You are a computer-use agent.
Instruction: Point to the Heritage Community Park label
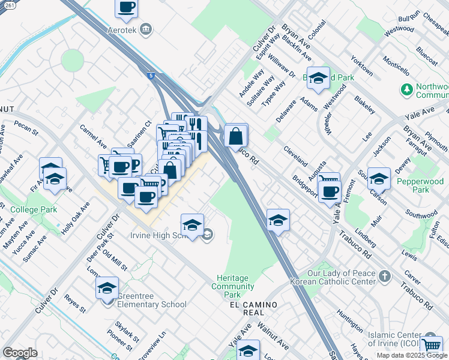pos(232,286)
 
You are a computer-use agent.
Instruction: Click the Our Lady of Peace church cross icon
pos(384,276)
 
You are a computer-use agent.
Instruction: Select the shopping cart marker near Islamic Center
pos(432,345)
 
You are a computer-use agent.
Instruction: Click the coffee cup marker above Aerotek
pos(127,8)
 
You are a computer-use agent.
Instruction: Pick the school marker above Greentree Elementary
pos(107,288)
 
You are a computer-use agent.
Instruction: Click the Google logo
pos(20,353)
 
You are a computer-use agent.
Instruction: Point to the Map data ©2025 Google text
pos(412,355)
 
